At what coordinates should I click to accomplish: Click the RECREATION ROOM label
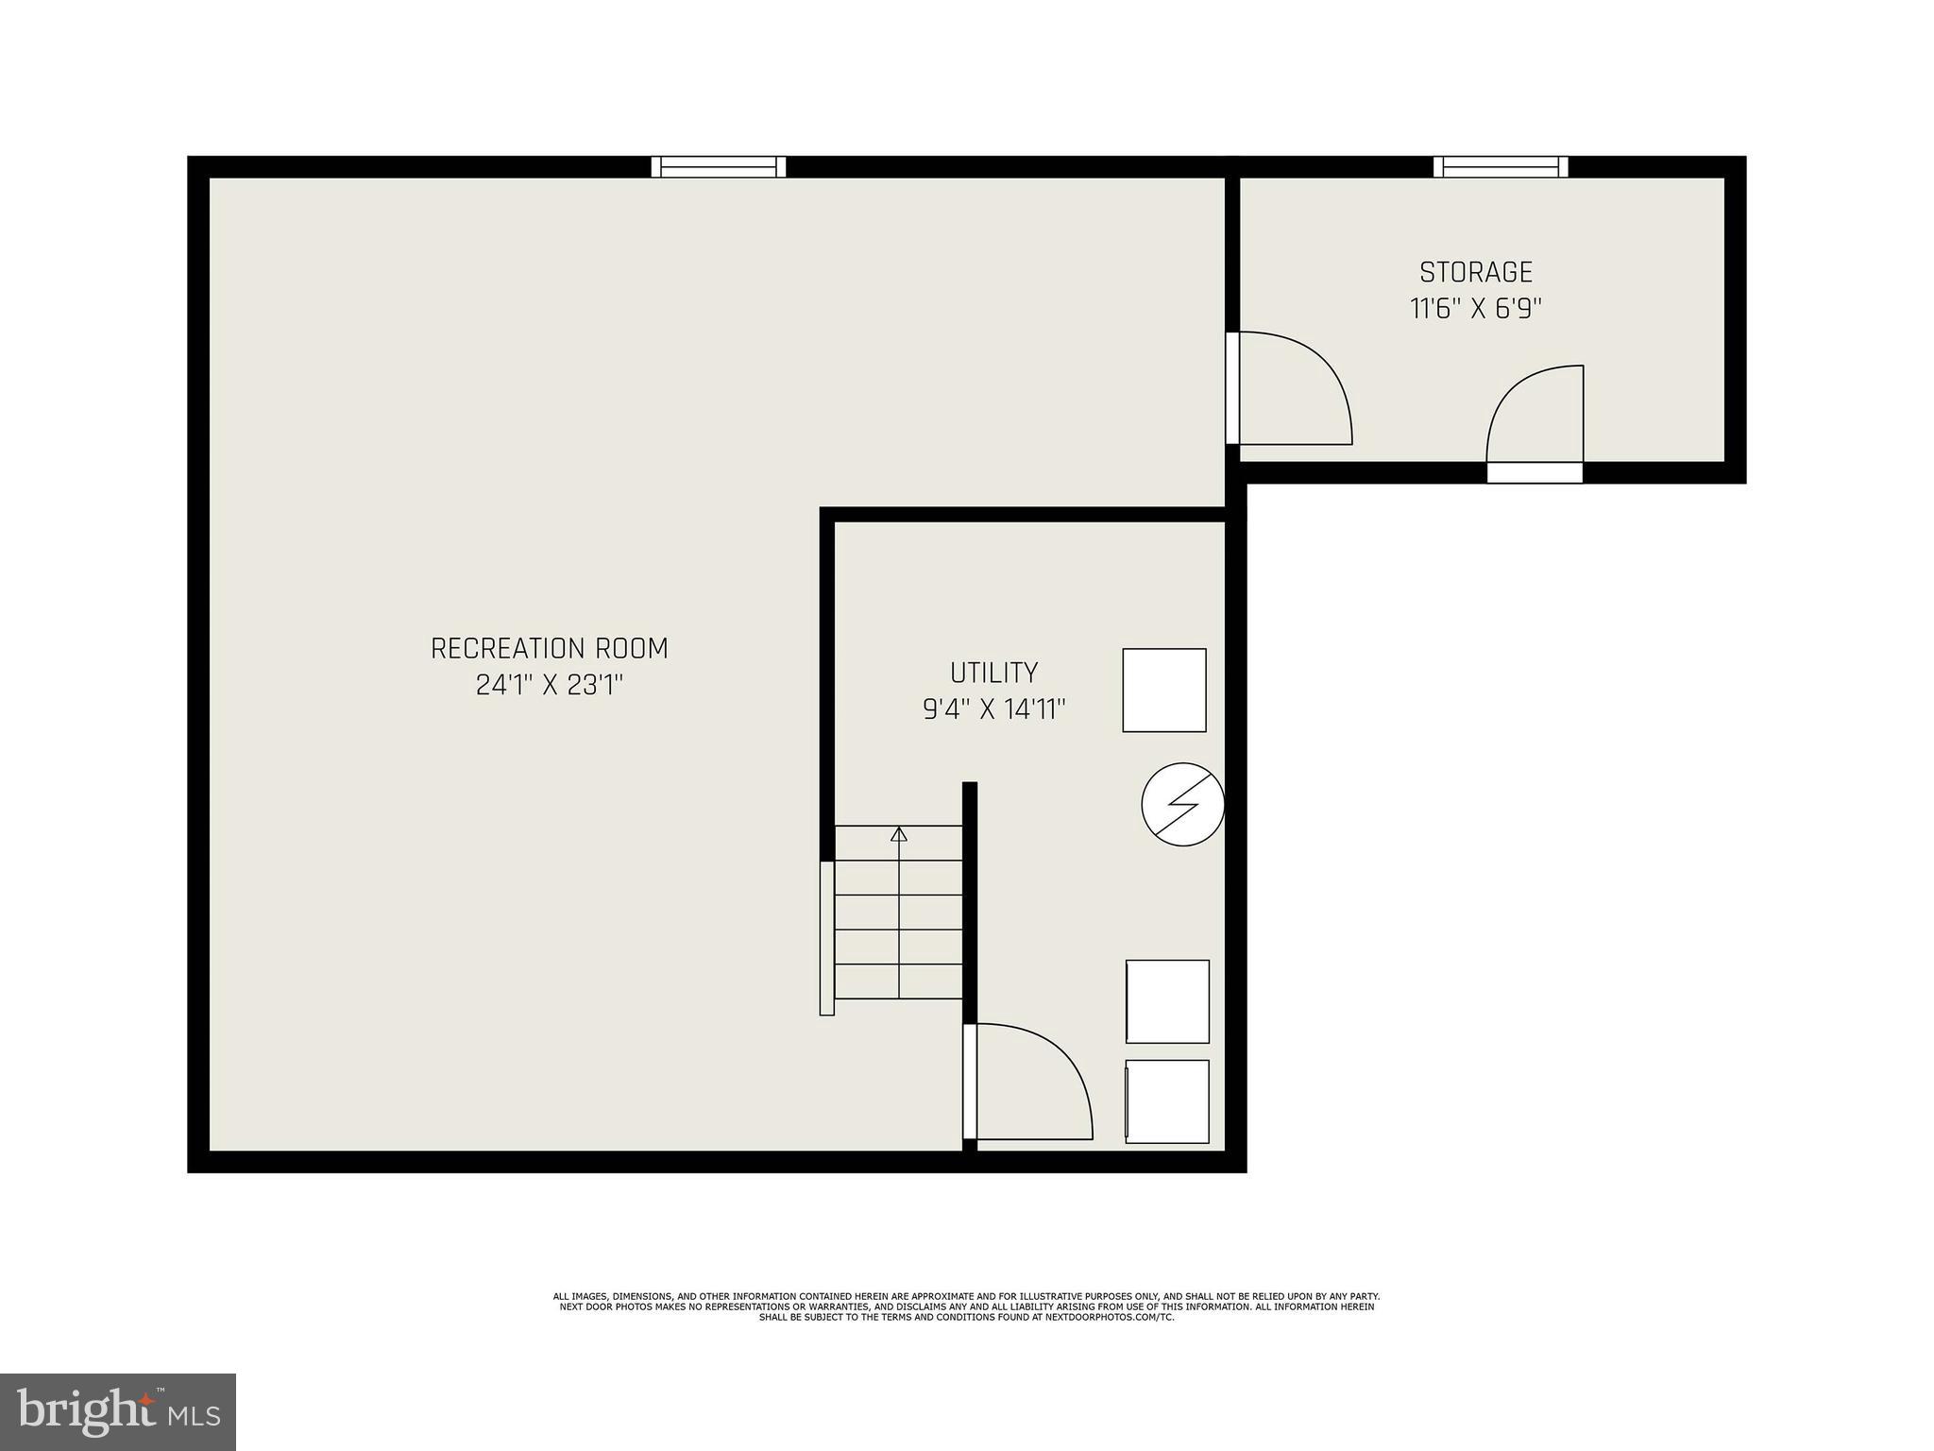[549, 649]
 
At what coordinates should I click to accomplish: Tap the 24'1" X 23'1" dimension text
[550, 685]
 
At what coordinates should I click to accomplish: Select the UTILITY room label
[993, 673]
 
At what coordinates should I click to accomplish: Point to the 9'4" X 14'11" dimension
[993, 709]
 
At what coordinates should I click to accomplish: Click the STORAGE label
[1475, 272]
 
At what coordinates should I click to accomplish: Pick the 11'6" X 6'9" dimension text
[1475, 309]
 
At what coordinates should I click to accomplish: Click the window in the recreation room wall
[719, 167]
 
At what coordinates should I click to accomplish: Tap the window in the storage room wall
[1501, 167]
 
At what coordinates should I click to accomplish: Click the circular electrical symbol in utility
[1182, 804]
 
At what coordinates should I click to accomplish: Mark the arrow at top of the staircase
[899, 834]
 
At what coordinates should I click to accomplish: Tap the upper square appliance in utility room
[1163, 690]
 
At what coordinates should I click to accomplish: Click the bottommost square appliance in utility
[1167, 1101]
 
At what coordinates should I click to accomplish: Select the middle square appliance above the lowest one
[1167, 1001]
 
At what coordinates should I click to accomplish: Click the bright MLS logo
[118, 1412]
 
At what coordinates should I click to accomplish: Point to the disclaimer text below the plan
[966, 1306]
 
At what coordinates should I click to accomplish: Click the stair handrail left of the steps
[826, 938]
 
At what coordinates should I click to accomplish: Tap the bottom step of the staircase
[899, 982]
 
